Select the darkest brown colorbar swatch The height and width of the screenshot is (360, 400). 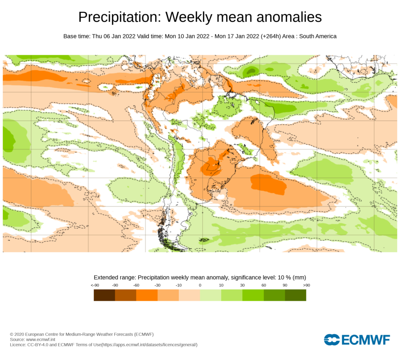104,295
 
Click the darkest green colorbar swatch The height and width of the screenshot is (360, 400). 295,295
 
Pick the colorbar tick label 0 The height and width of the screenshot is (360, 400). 200,285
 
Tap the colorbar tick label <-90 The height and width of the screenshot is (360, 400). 94,285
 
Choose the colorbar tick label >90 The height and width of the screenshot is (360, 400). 306,285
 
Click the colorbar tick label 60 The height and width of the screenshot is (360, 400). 264,285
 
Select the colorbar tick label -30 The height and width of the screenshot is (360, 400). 157,285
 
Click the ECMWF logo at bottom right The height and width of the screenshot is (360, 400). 357,340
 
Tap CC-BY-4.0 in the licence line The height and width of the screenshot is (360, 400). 40,345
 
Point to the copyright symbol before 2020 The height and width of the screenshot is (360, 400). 12,335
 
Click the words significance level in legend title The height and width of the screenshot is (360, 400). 252,277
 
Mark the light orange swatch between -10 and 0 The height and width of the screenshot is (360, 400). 189,295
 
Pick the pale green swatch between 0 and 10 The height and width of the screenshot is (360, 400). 211,295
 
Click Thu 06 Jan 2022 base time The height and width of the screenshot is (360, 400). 114,36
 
